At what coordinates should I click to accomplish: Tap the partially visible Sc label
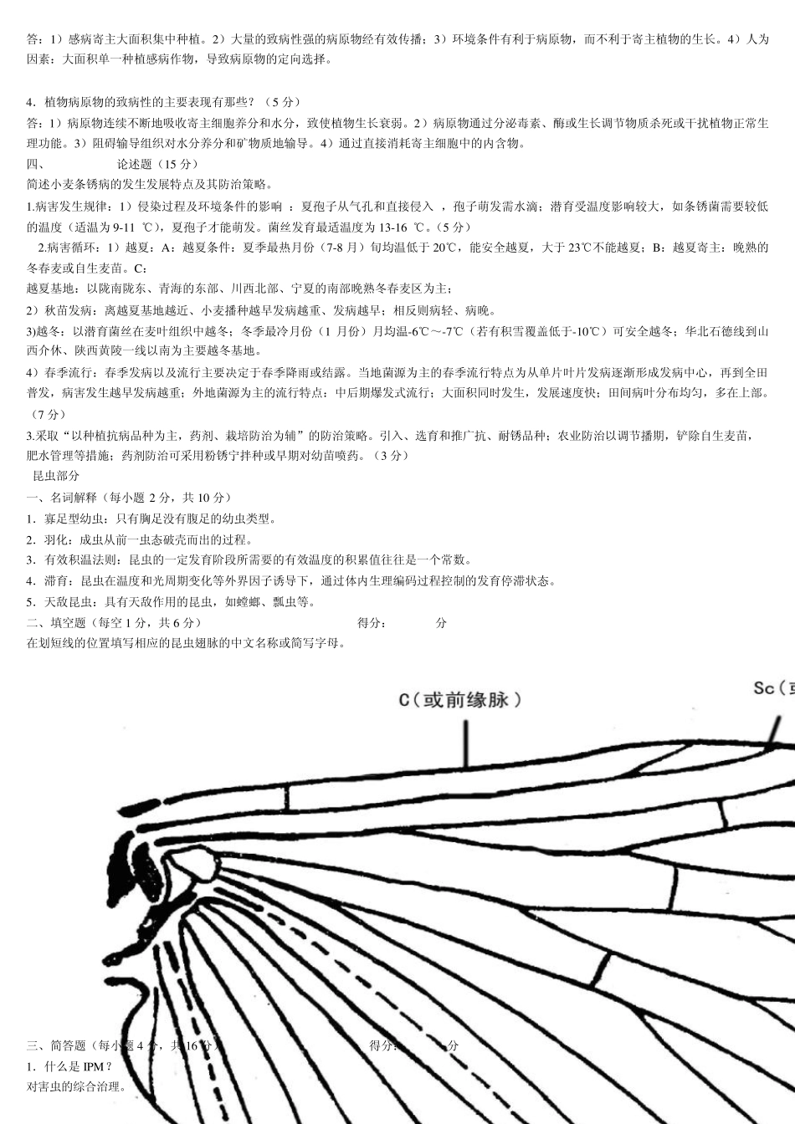(772, 688)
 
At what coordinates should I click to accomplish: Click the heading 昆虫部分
(56, 476)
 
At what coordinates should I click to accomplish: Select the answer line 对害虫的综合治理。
(77, 1087)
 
